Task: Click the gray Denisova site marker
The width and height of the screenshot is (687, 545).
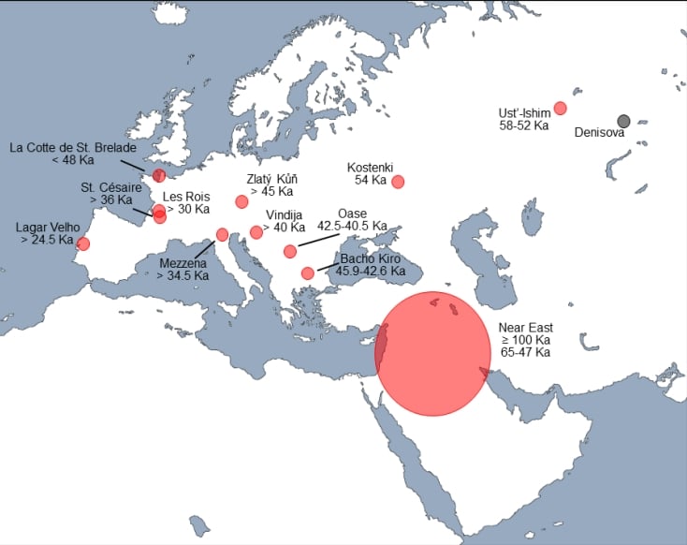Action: click(x=624, y=121)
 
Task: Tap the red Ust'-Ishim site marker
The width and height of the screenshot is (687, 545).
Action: click(x=561, y=108)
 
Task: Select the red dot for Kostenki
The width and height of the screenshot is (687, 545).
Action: click(x=398, y=182)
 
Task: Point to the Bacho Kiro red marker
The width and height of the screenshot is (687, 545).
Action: click(x=308, y=273)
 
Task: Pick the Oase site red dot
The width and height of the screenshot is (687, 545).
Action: click(x=290, y=251)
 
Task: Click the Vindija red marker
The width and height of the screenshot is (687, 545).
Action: click(x=256, y=232)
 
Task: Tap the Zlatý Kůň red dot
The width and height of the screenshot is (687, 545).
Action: click(x=241, y=201)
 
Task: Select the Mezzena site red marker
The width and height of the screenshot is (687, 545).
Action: click(x=222, y=234)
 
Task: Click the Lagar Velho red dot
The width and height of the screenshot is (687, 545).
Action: click(x=83, y=244)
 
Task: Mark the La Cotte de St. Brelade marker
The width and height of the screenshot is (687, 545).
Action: click(x=158, y=175)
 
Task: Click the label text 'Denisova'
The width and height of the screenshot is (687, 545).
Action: click(x=599, y=132)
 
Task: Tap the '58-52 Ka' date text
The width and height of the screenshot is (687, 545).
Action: click(x=523, y=126)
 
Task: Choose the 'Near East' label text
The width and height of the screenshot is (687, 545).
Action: click(x=525, y=328)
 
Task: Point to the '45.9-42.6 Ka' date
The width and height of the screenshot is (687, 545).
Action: click(x=373, y=271)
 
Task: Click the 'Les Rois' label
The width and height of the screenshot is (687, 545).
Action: click(x=186, y=197)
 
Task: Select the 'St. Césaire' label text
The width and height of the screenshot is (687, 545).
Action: click(x=111, y=187)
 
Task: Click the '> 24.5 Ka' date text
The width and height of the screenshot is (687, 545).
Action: click(x=47, y=240)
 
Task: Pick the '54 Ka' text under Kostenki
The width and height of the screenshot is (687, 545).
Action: click(x=371, y=179)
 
